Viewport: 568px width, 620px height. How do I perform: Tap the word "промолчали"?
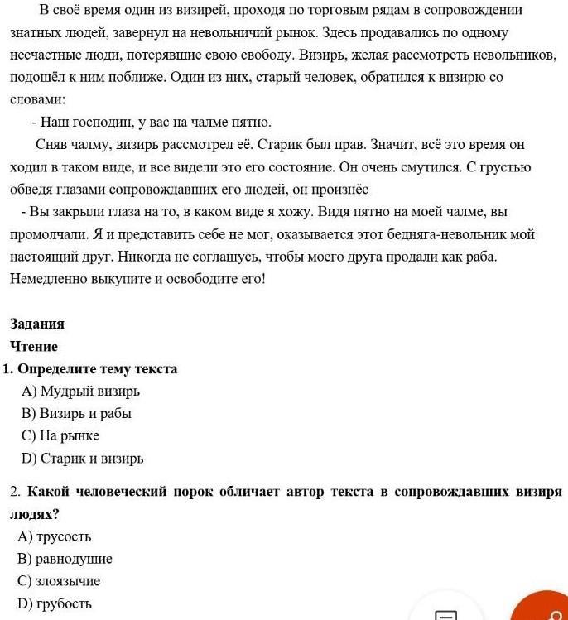click(46, 234)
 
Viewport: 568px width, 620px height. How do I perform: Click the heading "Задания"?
click(36, 324)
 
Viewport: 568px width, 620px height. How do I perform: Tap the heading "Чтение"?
click(34, 346)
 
